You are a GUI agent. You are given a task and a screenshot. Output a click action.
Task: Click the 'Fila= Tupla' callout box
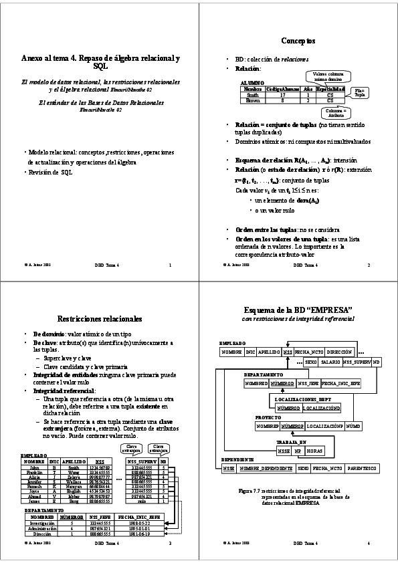click(x=359, y=92)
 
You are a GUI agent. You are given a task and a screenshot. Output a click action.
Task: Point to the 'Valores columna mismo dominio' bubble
click(x=327, y=76)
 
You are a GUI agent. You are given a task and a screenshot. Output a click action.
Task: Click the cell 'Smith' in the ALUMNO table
click(x=253, y=95)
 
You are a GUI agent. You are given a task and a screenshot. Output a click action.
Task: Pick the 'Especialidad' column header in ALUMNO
click(x=330, y=89)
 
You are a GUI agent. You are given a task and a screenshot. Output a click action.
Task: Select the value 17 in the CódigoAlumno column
click(x=283, y=95)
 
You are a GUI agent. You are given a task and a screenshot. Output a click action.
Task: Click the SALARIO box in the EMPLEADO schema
click(x=330, y=362)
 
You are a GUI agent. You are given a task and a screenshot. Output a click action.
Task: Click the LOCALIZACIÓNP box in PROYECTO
click(x=324, y=425)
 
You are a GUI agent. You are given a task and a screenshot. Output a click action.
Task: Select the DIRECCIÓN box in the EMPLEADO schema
click(x=339, y=351)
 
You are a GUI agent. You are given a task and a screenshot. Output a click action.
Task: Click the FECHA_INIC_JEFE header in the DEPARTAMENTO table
click(x=141, y=516)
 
